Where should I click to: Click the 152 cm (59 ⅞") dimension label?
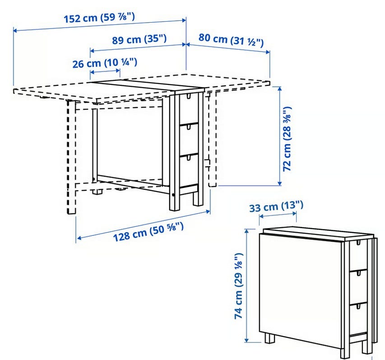[99, 18]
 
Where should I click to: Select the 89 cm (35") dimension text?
[139, 39]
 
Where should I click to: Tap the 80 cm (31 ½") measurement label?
[231, 40]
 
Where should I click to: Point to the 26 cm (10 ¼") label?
[105, 63]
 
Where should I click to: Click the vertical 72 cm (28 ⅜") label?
[287, 139]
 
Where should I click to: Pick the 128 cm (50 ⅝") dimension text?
[148, 231]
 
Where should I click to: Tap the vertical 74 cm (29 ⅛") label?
[238, 286]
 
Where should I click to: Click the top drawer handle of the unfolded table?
[189, 96]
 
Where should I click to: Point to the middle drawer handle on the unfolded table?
[189, 127]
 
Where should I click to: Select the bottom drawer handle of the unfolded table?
[189, 158]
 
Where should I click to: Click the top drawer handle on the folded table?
[358, 243]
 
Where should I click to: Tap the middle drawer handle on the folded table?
[358, 273]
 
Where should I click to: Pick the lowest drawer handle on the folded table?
[358, 306]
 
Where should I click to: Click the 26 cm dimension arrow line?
[105, 72]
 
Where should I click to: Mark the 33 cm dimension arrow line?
[278, 215]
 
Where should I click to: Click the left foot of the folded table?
[269, 338]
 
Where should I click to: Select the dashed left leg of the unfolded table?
[71, 157]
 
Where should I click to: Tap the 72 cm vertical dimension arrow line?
[280, 136]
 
